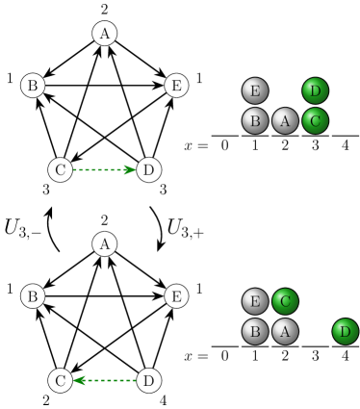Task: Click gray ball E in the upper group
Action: (255, 90)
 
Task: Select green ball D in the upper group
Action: (315, 90)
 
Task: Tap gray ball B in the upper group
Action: (255, 120)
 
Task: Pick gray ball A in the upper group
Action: (285, 120)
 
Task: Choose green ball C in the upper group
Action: (315, 120)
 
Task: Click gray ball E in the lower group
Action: (255, 301)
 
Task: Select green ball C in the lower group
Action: (285, 301)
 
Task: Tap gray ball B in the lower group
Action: (255, 331)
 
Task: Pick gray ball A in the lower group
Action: (285, 331)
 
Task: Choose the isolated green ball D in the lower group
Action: (345, 331)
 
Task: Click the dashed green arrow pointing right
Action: (104, 169)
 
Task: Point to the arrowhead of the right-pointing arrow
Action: (130, 169)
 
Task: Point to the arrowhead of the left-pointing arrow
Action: (79, 380)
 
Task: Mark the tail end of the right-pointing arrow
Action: (74, 169)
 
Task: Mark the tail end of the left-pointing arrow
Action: (135, 380)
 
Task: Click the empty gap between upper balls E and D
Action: (285, 90)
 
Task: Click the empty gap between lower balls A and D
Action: (315, 331)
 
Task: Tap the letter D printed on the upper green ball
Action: (315, 90)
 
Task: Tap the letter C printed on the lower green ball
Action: (285, 301)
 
